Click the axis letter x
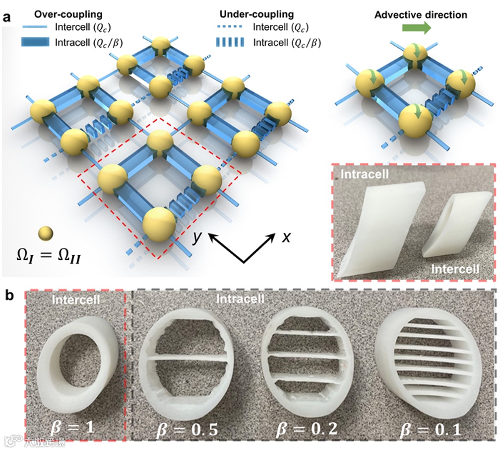pos(286,238)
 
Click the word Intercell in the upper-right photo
pos(455,269)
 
